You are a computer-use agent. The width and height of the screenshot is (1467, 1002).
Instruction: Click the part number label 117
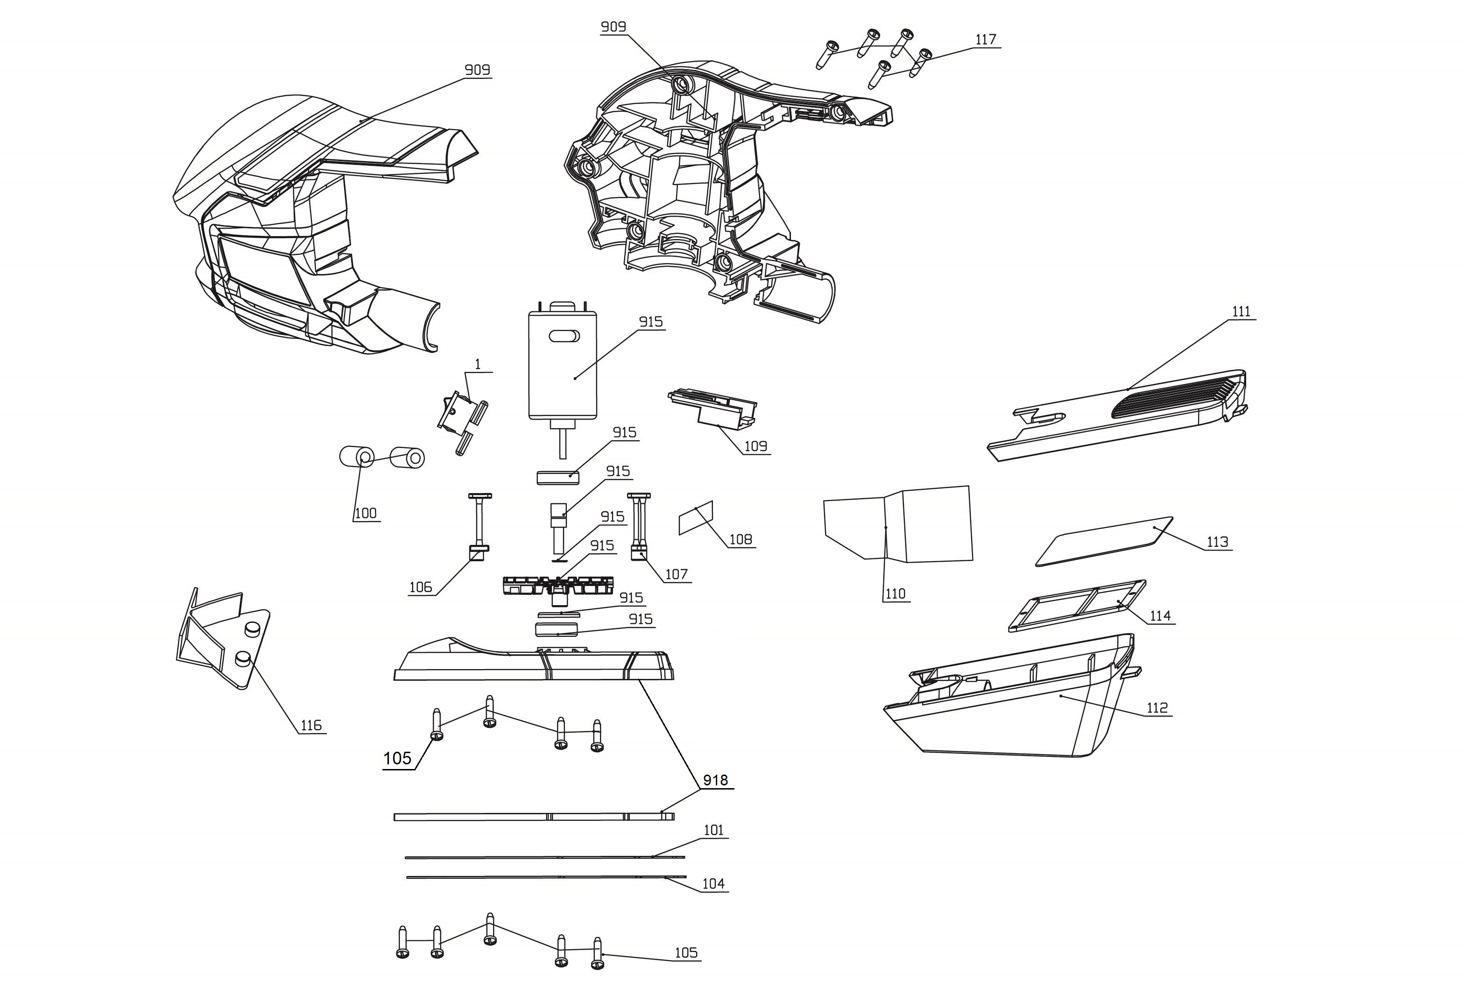[985, 40]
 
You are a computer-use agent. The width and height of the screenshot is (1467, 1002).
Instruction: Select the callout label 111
[1241, 312]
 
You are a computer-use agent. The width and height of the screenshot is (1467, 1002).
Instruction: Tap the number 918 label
[715, 780]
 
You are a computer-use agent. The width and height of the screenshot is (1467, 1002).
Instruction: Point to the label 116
[310, 726]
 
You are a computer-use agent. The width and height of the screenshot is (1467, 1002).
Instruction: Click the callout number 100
[366, 513]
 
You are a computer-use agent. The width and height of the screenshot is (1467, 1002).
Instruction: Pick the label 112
[1157, 708]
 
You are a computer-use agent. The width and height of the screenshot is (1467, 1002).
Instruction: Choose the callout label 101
[713, 830]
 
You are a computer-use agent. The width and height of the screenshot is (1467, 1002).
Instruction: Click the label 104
[713, 884]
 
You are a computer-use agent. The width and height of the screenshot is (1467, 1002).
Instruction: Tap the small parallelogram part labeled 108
[695, 518]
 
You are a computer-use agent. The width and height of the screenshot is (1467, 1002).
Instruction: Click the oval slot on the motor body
[564, 336]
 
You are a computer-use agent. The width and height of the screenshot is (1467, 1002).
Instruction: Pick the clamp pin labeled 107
[639, 525]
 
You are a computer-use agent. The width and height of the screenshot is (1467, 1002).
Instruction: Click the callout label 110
[895, 594]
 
